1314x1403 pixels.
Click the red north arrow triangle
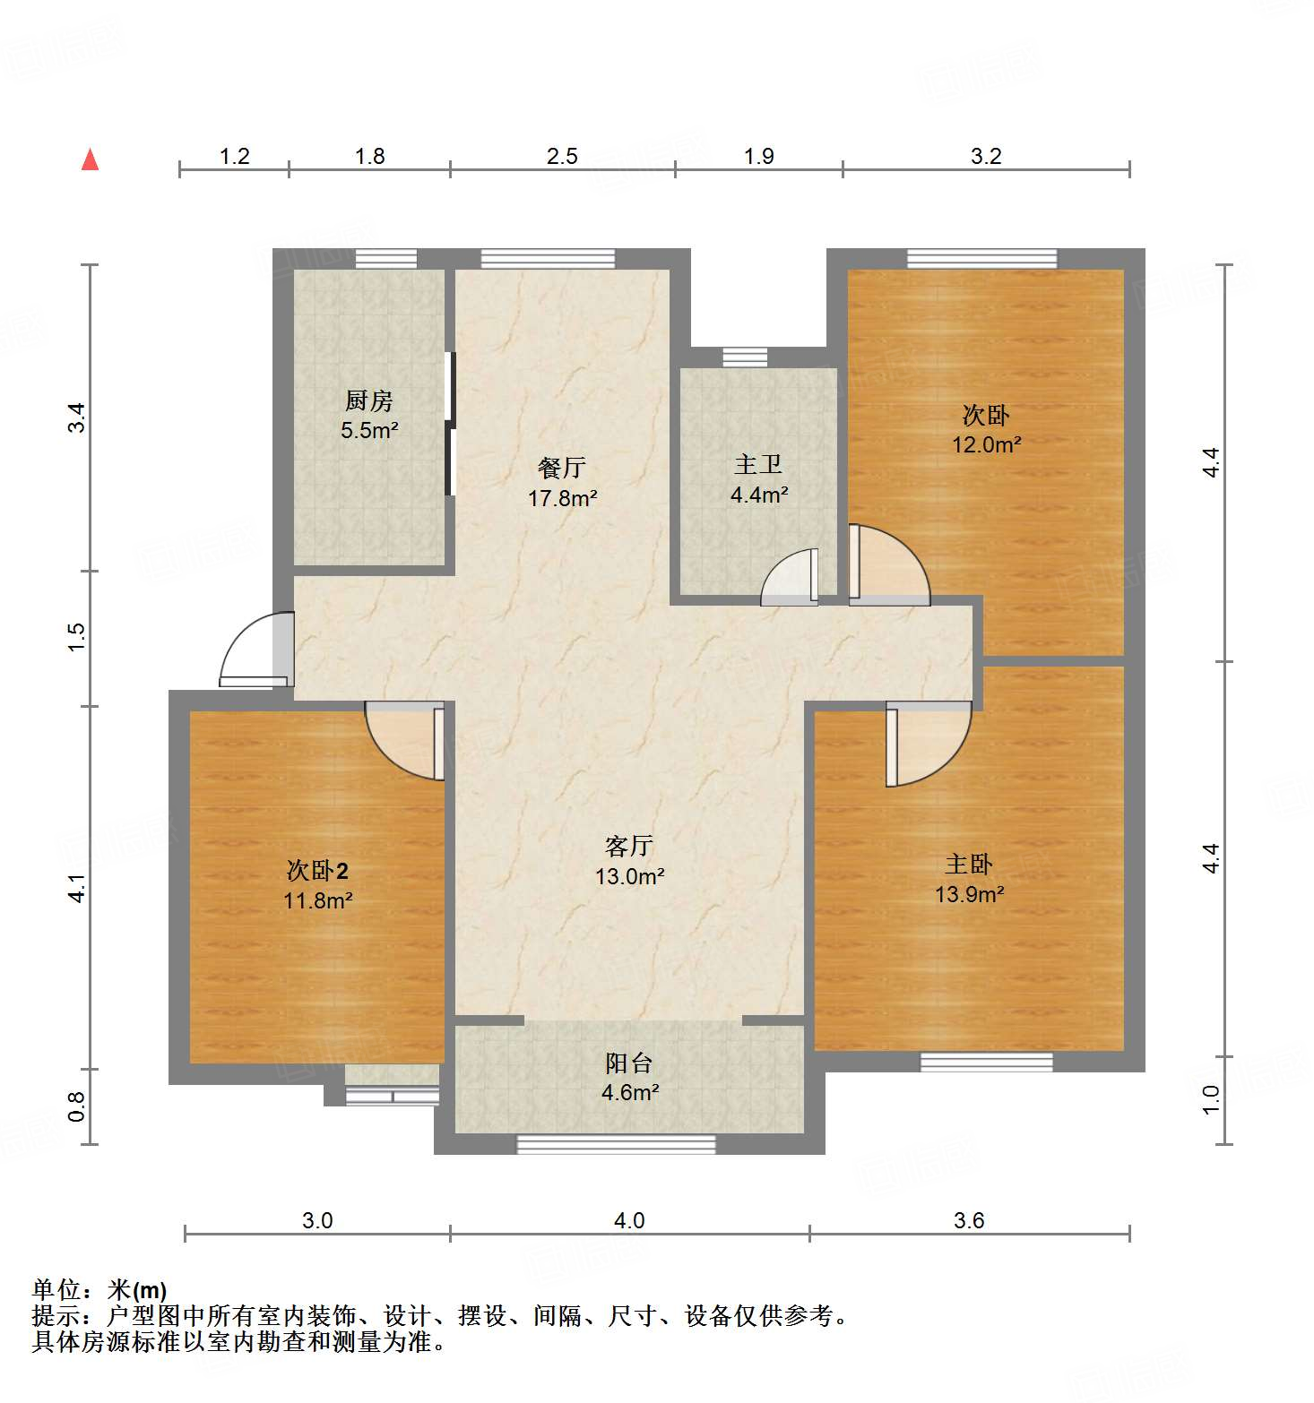[90, 159]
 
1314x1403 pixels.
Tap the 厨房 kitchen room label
[368, 400]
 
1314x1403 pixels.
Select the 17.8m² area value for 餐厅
[562, 498]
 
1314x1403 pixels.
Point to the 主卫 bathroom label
[758, 464]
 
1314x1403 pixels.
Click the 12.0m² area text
[986, 444]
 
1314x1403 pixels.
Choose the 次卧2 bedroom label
[317, 870]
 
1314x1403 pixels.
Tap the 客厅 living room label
[629, 846]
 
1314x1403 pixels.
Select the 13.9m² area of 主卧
[969, 894]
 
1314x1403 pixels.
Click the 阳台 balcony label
[629, 1063]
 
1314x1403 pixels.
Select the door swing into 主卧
[928, 744]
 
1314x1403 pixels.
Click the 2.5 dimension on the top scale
[562, 156]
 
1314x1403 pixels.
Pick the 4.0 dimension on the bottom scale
[629, 1220]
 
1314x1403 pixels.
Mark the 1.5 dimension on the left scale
[76, 636]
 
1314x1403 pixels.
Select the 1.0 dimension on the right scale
[1211, 1099]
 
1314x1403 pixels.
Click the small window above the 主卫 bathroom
[745, 357]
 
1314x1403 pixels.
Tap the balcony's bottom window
[616, 1144]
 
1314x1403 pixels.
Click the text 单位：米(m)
[99, 1290]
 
